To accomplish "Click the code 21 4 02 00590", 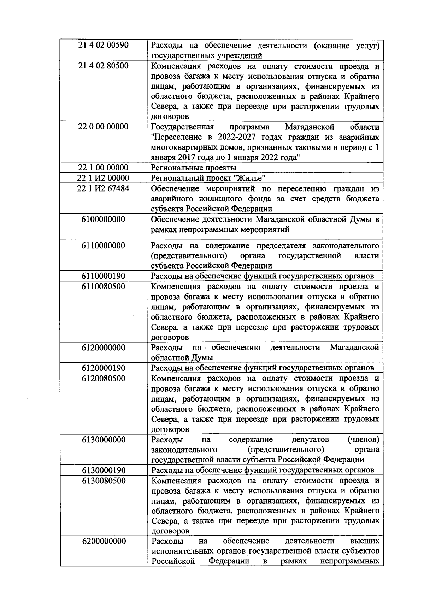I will pos(103,46).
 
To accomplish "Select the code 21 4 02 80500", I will pos(103,66).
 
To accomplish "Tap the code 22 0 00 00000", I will pos(103,127).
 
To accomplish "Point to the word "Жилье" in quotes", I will pos(251,178).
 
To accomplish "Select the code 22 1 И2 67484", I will pos(103,188).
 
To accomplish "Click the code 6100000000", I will pos(103,219).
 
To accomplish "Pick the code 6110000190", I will pos(103,276).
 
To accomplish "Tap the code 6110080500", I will pos(103,286).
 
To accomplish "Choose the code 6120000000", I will pos(103,348).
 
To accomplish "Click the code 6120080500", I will pos(103,378).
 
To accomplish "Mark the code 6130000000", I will pos(103,440).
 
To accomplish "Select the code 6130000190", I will pos(103,470).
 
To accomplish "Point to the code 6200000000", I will pos(103,541).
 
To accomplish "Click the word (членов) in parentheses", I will pos(364,440).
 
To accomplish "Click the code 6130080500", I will pos(103,481).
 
